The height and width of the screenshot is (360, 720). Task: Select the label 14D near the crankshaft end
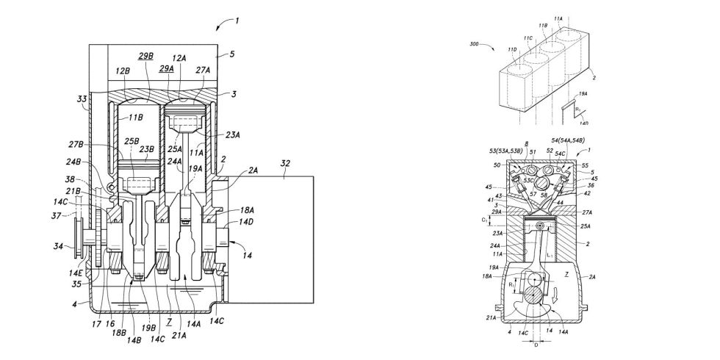click(243, 222)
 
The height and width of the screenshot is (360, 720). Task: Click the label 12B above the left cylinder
click(123, 71)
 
